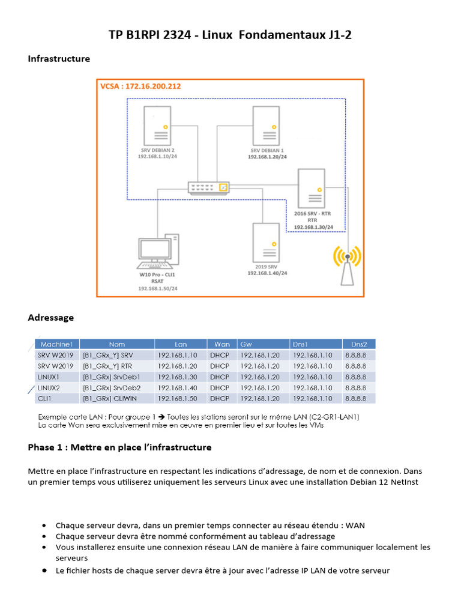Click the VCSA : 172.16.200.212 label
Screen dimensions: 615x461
point(140,86)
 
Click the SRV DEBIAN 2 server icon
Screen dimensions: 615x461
point(157,125)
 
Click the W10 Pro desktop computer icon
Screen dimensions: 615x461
point(157,251)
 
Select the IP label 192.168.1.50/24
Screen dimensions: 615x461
point(158,289)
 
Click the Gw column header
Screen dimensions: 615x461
point(246,344)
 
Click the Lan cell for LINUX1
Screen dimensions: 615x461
point(181,377)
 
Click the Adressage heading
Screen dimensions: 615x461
point(51,317)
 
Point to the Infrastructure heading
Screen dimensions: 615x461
point(59,59)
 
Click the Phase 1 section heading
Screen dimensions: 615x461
point(119,447)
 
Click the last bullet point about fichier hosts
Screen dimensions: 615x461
point(223,571)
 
